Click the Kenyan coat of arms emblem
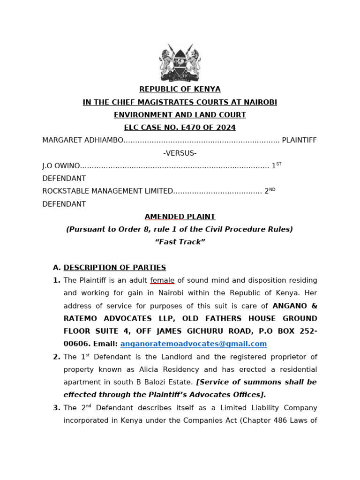pos(180,63)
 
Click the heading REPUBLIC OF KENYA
pos(180,89)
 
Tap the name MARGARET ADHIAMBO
pos(82,140)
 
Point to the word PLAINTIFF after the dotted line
pos(299,140)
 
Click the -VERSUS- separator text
pos(180,153)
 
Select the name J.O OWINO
pos(61,166)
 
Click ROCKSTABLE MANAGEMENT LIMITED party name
pos(108,191)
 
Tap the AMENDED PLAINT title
pos(180,217)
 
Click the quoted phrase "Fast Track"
pos(180,242)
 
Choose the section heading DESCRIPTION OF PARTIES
pos(115,268)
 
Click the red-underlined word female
pos(162,280)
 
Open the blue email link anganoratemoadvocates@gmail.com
pos(194,344)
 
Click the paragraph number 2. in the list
pos(57,357)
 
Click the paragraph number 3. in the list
pos(57,408)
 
